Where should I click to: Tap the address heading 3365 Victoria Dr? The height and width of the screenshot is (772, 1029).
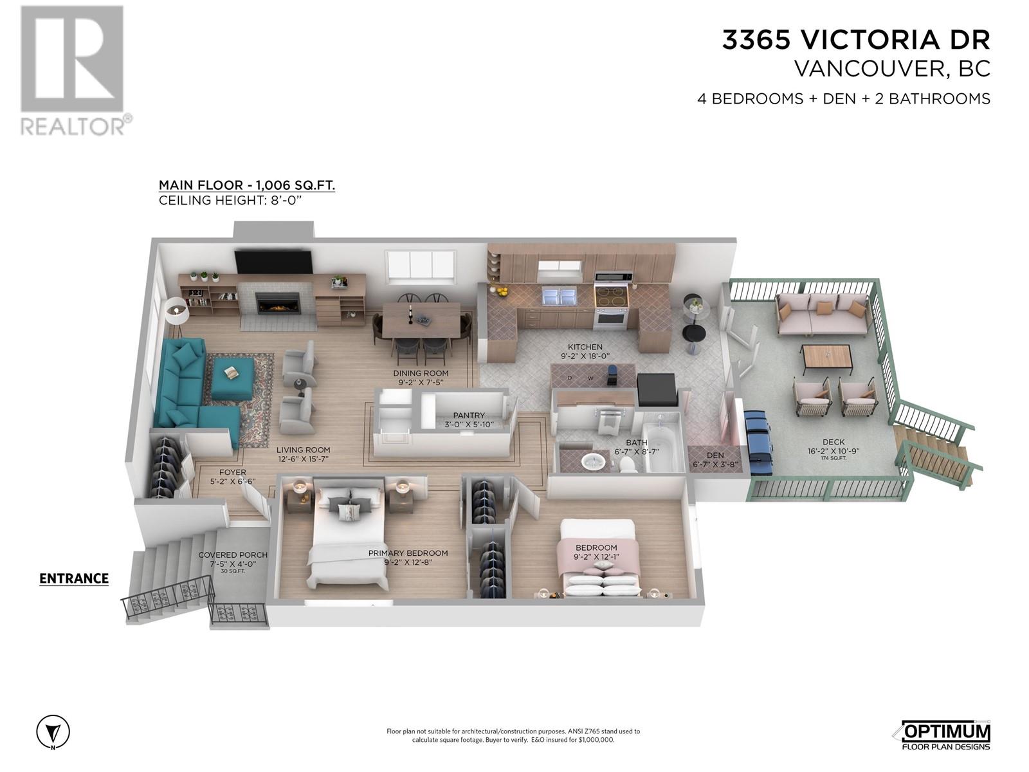click(855, 40)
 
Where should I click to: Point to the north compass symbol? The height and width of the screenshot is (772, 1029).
click(53, 731)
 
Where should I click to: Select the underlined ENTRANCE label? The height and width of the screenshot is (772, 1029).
click(74, 578)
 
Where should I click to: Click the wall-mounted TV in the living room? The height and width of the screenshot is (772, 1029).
click(273, 262)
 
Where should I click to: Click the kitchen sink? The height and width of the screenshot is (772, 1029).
click(559, 297)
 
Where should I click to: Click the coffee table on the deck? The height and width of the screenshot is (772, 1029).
click(826, 357)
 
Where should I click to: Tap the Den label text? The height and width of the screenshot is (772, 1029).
click(715, 455)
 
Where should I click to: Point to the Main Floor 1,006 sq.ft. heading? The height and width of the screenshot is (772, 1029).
click(247, 186)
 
